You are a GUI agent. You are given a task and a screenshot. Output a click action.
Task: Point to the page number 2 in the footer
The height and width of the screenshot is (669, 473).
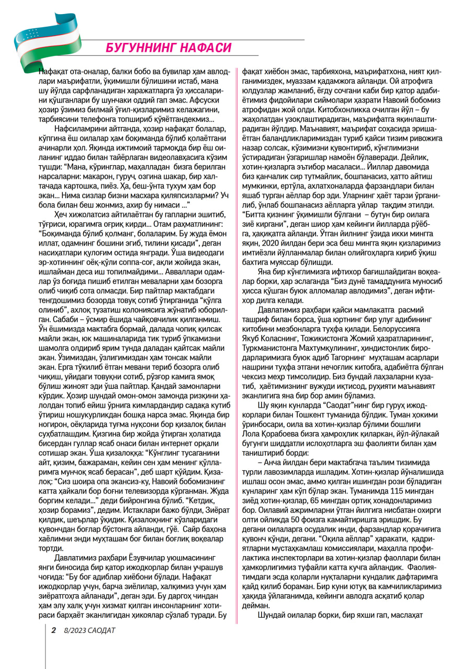click(x=53, y=630)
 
